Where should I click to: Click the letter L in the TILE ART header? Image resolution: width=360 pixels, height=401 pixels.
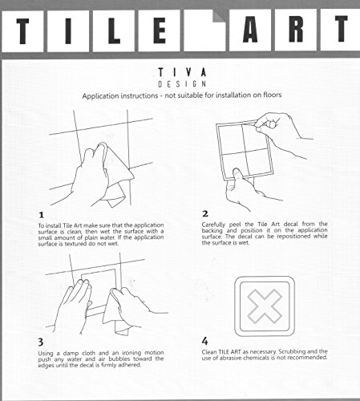(x=114, y=30)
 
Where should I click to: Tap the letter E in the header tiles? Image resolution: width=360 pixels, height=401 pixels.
(x=160, y=30)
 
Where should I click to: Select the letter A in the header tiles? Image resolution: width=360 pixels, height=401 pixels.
(x=250, y=30)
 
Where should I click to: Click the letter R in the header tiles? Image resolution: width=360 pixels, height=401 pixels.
(x=296, y=29)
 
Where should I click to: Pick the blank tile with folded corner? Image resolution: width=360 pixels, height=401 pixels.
(x=205, y=30)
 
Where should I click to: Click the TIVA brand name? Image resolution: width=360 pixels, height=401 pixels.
(x=182, y=72)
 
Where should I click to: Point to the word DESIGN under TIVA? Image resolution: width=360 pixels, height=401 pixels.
(x=182, y=84)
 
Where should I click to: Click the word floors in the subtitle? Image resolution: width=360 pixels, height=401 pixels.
(x=273, y=95)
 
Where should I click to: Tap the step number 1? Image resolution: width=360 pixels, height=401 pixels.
(x=41, y=215)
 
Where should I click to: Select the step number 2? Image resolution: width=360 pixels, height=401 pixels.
(x=205, y=214)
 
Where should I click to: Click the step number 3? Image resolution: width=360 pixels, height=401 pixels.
(x=41, y=342)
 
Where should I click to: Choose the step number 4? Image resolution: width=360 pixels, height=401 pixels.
(x=204, y=341)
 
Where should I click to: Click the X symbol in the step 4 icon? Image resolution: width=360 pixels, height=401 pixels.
(x=265, y=306)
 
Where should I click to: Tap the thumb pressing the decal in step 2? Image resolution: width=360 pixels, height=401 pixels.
(x=237, y=176)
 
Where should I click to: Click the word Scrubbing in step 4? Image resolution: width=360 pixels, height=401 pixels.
(x=292, y=351)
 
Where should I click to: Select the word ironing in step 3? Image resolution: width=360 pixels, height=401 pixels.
(x=131, y=353)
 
